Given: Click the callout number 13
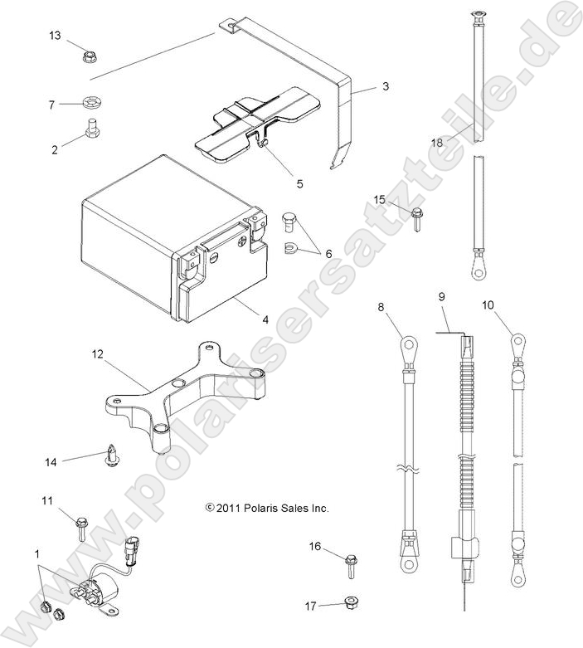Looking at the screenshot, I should tap(55, 36).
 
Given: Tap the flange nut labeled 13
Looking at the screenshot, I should tap(90, 57).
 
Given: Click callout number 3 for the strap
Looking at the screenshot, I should tap(386, 86).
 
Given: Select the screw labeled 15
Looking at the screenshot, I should tap(417, 218).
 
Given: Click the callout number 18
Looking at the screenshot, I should tap(460, 143).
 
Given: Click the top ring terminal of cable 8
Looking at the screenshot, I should tap(407, 341).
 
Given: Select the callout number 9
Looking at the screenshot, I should tap(442, 297).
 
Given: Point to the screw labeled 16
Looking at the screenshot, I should tap(352, 568).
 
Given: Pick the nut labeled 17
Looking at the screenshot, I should tap(351, 603).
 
